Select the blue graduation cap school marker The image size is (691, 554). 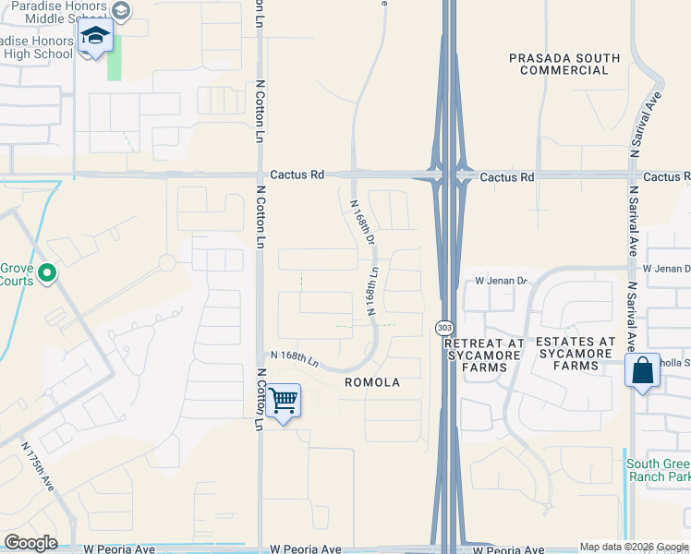click(x=95, y=38)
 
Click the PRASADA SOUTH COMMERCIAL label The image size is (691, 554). click(x=564, y=64)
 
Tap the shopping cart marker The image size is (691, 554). click(x=284, y=402)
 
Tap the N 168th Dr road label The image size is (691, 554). click(x=361, y=223)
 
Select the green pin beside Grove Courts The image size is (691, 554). click(x=48, y=273)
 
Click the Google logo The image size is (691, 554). click(x=31, y=543)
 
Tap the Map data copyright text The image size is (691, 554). click(x=633, y=547)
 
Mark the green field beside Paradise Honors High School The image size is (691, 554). click(x=114, y=62)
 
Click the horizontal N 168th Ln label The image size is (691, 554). click(x=294, y=356)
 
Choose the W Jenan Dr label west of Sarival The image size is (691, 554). click(x=500, y=281)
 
